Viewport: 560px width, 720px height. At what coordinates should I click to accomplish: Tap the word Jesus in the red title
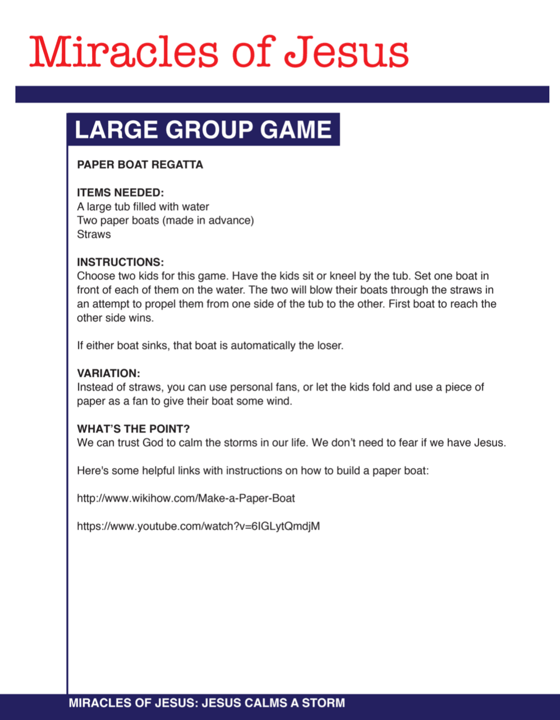click(x=346, y=52)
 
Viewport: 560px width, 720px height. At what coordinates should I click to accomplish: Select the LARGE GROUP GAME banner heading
click(x=203, y=130)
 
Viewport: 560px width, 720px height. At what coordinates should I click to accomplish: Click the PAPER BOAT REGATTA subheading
click(x=140, y=165)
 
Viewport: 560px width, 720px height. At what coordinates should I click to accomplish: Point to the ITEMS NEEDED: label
click(x=120, y=193)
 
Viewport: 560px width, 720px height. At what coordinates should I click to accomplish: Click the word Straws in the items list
click(x=94, y=234)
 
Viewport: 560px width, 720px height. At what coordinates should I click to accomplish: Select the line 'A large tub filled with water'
click(x=143, y=207)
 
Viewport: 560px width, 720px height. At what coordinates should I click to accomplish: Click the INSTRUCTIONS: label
click(x=120, y=262)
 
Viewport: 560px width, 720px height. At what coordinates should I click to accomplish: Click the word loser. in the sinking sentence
click(x=329, y=345)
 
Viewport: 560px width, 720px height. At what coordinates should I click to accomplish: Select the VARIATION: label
click(x=108, y=373)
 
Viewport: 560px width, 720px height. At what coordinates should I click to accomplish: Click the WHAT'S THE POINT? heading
click(x=134, y=429)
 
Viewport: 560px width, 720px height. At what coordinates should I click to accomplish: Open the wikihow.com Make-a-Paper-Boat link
click(x=186, y=498)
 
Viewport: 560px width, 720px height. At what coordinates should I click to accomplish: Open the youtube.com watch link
click(x=198, y=526)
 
